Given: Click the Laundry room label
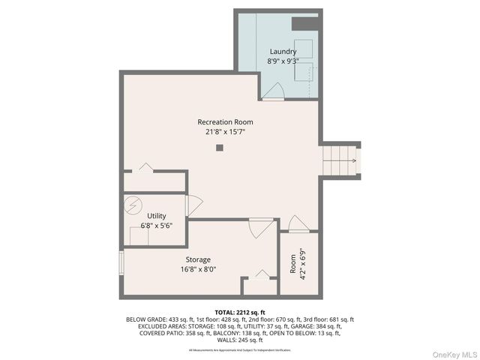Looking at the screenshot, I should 283,52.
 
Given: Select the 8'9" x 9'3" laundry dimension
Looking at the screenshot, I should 283,61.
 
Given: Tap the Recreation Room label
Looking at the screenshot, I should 225,122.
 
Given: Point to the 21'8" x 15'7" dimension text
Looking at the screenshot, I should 225,132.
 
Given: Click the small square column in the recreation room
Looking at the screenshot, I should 220,148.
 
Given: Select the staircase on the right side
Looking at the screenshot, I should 340,160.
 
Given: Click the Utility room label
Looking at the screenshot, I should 156,216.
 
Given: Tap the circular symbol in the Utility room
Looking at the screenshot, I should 133,204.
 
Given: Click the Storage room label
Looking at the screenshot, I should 198,259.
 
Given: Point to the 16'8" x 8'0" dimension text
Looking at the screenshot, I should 198,269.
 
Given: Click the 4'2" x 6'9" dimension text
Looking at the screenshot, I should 302,264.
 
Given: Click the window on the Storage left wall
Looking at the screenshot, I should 121,263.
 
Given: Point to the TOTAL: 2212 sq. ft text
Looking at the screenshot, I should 240,312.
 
